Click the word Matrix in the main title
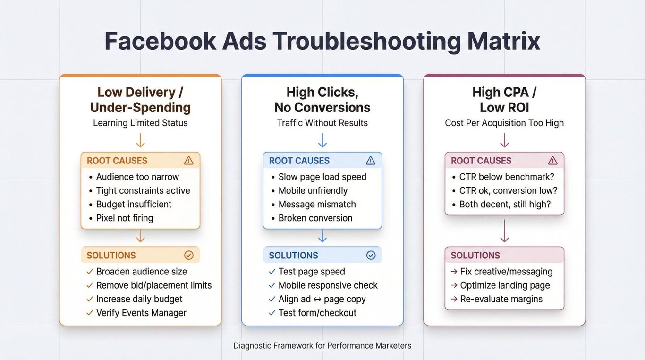pyautogui.click(x=503, y=41)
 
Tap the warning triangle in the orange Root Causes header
pyautogui.click(x=188, y=161)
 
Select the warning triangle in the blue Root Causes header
pyautogui.click(x=371, y=161)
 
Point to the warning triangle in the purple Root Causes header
pyautogui.click(x=552, y=161)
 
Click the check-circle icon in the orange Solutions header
pyautogui.click(x=188, y=255)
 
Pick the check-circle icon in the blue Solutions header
pyautogui.click(x=371, y=255)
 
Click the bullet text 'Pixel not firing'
pyautogui.click(x=124, y=218)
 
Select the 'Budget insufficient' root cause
pyautogui.click(x=134, y=204)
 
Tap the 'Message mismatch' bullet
pyautogui.click(x=317, y=204)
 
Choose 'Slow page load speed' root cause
pyautogui.click(x=322, y=177)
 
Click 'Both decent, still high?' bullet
pyautogui.click(x=505, y=204)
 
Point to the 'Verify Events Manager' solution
pyautogui.click(x=141, y=313)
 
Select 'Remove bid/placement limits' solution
pyautogui.click(x=154, y=285)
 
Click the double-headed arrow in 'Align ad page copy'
pyautogui.click(x=317, y=300)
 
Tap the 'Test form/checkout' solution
pyautogui.click(x=317, y=313)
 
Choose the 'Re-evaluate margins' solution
pyautogui.click(x=501, y=299)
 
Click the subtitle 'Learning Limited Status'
pyautogui.click(x=140, y=123)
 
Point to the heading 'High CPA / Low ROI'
pyautogui.click(x=504, y=100)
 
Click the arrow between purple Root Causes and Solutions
pyautogui.click(x=504, y=231)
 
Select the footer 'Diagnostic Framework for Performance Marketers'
pyautogui.click(x=322, y=346)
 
